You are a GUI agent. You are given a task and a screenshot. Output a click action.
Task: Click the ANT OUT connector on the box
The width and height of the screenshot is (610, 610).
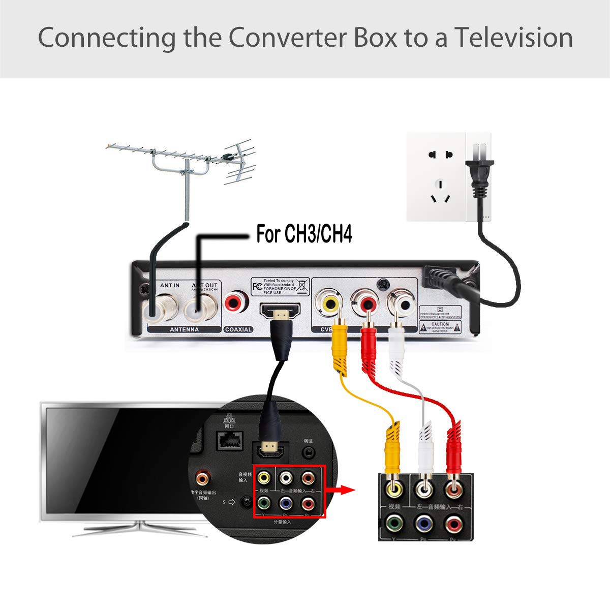click(199, 308)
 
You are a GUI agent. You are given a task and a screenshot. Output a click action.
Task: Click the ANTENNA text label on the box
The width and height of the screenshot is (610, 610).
click(177, 329)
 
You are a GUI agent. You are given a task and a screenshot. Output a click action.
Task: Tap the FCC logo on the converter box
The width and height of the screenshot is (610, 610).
click(257, 286)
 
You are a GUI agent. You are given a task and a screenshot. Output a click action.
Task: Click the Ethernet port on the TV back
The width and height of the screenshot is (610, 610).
click(228, 440)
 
